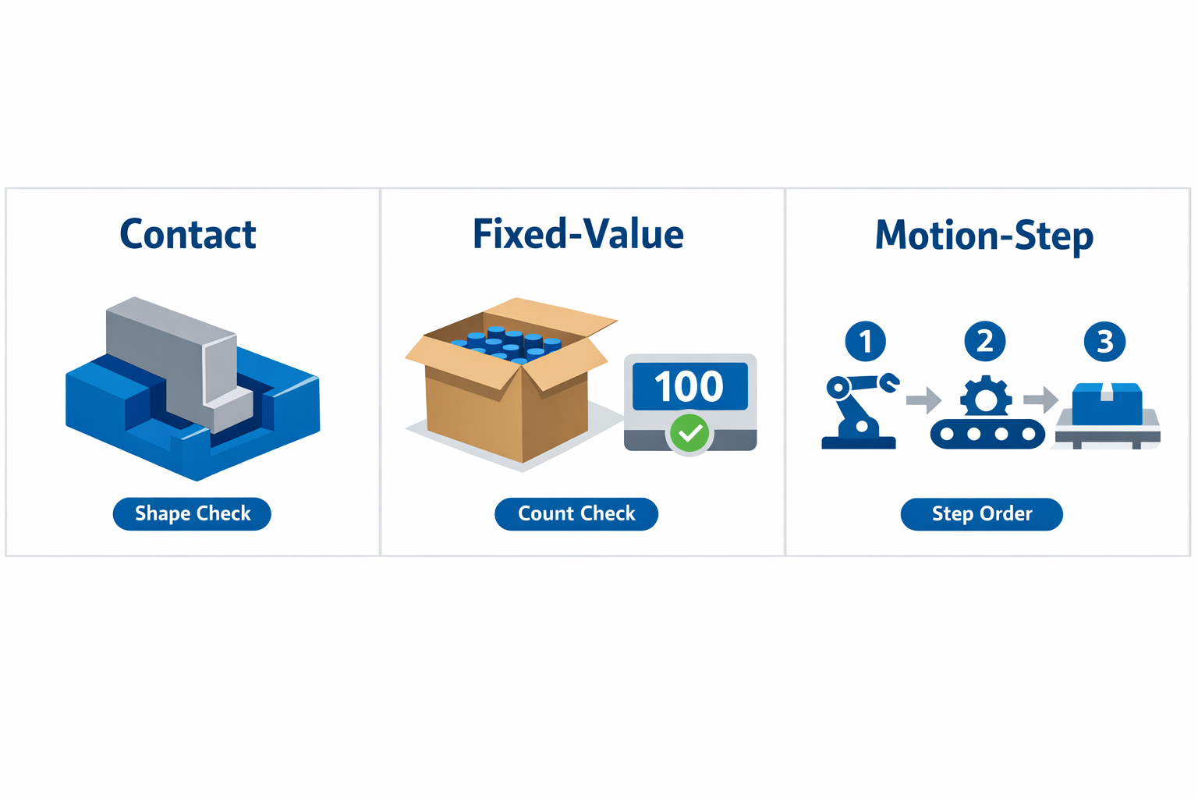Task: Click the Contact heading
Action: coord(188,234)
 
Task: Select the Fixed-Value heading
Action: coord(579,234)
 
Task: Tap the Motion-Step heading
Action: coord(984,236)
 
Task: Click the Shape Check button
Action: coord(192,513)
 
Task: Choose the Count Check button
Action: coord(576,513)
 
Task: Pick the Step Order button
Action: coord(982,513)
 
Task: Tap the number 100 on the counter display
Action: coord(689,386)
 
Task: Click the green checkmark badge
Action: coord(690,433)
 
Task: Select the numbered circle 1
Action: coord(865,341)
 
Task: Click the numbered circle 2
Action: coord(985,341)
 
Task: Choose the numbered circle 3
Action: coord(1104,341)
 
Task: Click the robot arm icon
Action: coord(859,411)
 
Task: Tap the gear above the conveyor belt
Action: coord(986,396)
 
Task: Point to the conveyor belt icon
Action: coord(987,434)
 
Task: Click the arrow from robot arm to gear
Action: coord(923,399)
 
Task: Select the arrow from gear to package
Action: coord(1040,399)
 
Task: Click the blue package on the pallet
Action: coord(1107,403)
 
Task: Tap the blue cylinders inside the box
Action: coord(505,345)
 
